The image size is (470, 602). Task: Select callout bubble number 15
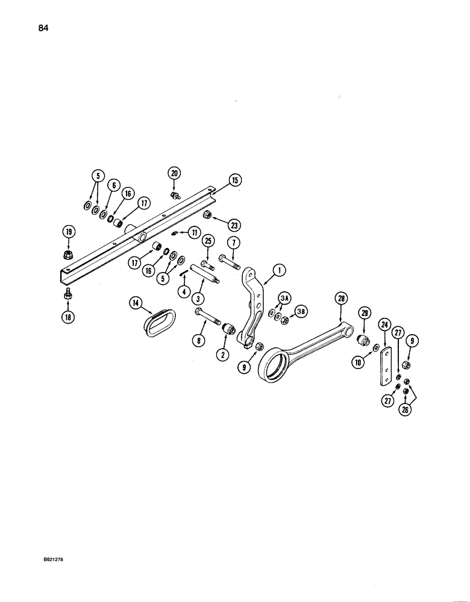point(234,180)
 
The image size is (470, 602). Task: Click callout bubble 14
point(134,304)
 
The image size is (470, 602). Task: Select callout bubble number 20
point(175,173)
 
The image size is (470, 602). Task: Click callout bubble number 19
point(68,232)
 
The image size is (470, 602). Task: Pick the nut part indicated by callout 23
point(207,214)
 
